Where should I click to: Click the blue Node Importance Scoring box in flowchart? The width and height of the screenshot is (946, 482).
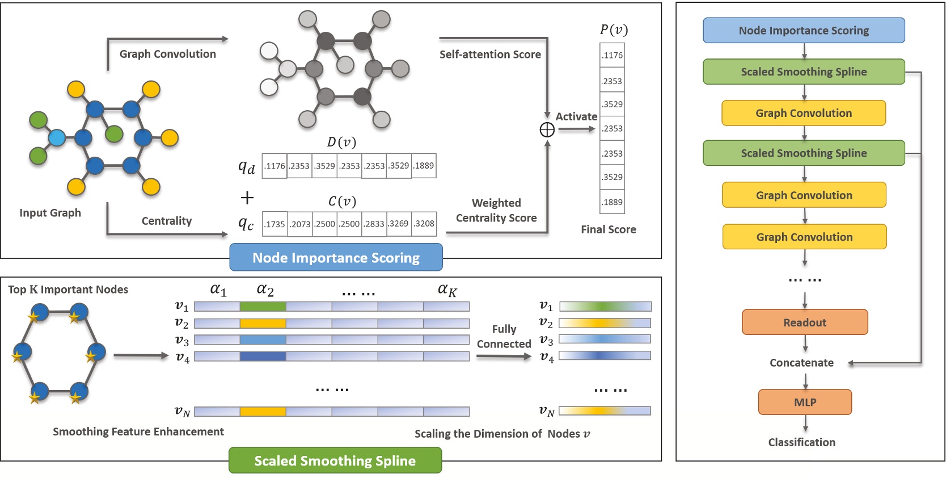803,31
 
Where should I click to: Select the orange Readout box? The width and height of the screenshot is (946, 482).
804,322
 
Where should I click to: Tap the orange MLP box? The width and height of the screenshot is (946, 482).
804,402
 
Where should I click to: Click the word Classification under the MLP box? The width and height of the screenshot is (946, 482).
801,442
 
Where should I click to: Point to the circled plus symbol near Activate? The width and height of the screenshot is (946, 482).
547,130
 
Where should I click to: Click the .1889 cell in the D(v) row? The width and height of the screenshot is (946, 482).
424,166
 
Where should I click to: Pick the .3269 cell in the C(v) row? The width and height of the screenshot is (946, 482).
399,224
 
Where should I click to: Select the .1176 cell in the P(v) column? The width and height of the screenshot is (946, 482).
613,56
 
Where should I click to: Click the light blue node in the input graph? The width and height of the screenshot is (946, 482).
57,138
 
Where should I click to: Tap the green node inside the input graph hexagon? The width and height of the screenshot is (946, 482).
114,134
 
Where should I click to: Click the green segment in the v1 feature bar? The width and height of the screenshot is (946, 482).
263,307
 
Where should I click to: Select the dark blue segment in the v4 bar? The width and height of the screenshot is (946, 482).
263,357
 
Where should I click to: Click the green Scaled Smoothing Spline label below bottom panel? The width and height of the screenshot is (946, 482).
335,460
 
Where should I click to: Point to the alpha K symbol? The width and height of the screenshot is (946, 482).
447,290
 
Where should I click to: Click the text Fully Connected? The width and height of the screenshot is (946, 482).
504,337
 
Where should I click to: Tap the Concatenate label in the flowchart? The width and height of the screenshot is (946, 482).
801,363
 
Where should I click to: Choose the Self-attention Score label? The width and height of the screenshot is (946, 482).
490,55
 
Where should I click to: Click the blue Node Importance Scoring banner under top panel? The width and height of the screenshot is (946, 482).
336,258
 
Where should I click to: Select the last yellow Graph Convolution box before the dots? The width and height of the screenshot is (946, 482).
804,237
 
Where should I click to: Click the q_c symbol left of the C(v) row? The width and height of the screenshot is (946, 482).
246,224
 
